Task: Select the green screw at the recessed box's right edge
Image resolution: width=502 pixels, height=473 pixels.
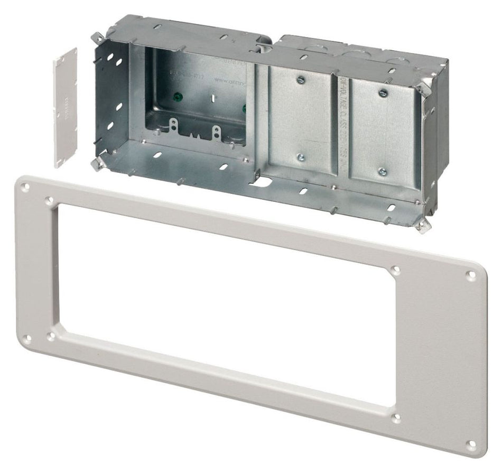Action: (x=244, y=109)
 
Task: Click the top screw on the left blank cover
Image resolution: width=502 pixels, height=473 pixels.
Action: (x=300, y=79)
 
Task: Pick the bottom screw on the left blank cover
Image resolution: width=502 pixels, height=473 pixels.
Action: (x=300, y=157)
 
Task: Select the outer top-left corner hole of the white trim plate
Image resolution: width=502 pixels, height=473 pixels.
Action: (x=25, y=186)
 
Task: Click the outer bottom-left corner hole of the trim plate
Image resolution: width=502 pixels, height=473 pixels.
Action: (x=28, y=339)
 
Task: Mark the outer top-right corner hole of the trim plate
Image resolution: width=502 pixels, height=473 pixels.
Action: (x=471, y=275)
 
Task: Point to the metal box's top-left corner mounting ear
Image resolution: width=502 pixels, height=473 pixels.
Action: (x=97, y=38)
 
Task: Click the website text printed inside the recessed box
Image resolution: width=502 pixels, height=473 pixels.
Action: (x=229, y=81)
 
